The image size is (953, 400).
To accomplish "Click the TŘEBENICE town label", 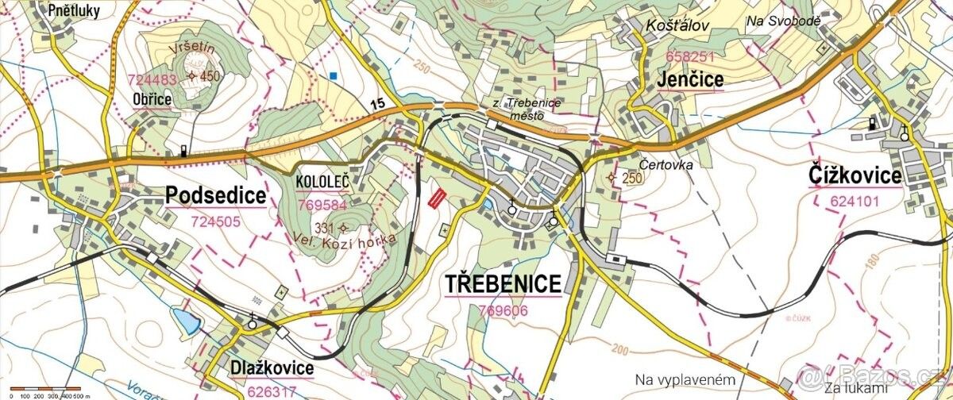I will click(x=503, y=283).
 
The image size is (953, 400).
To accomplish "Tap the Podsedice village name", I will click(x=215, y=195).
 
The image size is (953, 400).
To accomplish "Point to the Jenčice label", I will click(x=690, y=79).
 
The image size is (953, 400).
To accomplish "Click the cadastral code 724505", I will click(x=215, y=221).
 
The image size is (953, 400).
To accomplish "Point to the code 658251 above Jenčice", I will click(x=689, y=56).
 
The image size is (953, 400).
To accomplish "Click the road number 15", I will click(x=376, y=103).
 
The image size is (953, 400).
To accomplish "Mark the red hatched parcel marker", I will click(x=436, y=198).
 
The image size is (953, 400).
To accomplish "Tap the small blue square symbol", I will click(x=334, y=76).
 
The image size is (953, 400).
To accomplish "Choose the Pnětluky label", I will click(x=75, y=11).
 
